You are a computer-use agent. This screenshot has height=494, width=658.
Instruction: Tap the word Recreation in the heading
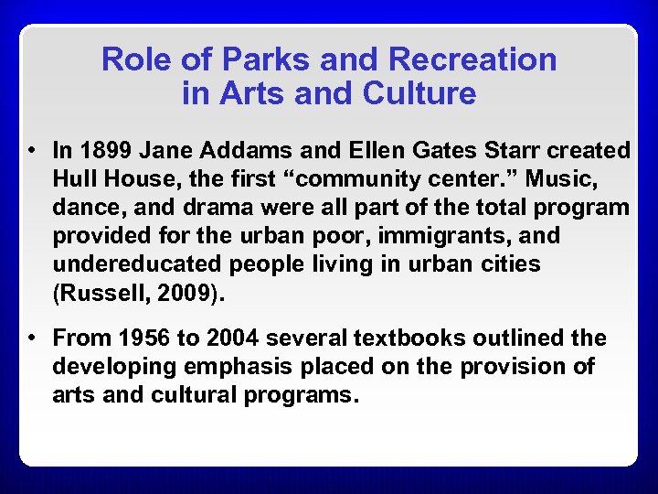point(472,59)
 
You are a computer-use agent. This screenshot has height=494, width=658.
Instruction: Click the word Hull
point(74,178)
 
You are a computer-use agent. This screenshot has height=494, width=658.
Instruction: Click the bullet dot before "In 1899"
point(32,150)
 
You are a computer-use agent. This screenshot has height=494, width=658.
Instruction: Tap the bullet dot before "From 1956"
point(32,338)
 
